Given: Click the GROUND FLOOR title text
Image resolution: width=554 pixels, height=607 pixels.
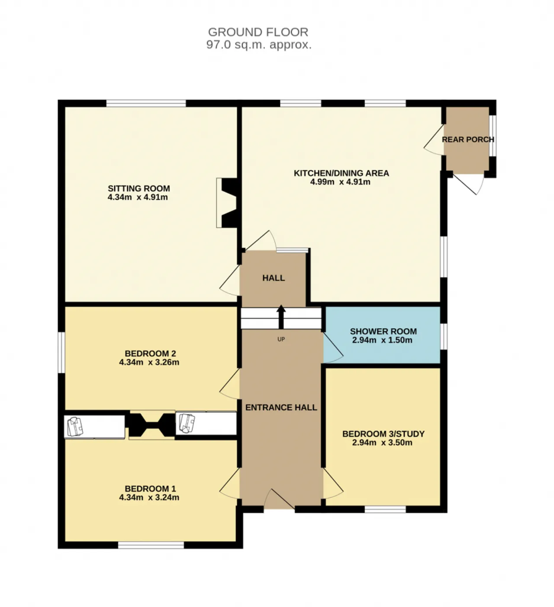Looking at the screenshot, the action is click(258, 32).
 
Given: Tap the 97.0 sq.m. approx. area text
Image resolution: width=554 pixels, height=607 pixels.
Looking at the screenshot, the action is click(259, 45).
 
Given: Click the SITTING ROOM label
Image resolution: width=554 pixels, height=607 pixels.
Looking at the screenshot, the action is click(139, 188).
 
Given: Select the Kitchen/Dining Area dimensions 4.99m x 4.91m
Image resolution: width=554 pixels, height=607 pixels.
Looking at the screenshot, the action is click(340, 182).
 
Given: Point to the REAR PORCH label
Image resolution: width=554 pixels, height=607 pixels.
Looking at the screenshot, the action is click(468, 140).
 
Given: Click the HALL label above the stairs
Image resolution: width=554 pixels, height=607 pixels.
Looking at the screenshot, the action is click(274, 278).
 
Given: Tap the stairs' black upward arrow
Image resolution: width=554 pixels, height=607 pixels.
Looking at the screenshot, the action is click(281, 317).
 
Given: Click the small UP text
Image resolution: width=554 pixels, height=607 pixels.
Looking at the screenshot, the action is click(281, 339).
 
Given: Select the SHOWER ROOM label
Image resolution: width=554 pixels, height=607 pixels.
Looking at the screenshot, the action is click(383, 331).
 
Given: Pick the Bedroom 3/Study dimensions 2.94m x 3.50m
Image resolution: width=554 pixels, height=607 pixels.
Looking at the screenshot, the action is click(382, 442).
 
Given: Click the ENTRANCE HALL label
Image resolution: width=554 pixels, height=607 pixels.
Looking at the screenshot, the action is click(281, 408).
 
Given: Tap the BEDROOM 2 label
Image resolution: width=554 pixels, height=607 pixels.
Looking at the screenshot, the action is click(150, 353).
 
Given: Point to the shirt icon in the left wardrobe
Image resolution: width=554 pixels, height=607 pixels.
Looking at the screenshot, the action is click(75, 427).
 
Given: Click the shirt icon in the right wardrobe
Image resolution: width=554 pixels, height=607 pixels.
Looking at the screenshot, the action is click(187, 423).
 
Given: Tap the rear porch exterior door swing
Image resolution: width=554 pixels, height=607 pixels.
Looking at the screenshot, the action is click(469, 184).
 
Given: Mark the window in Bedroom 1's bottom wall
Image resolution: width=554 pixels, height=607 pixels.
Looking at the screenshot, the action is click(151, 545).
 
